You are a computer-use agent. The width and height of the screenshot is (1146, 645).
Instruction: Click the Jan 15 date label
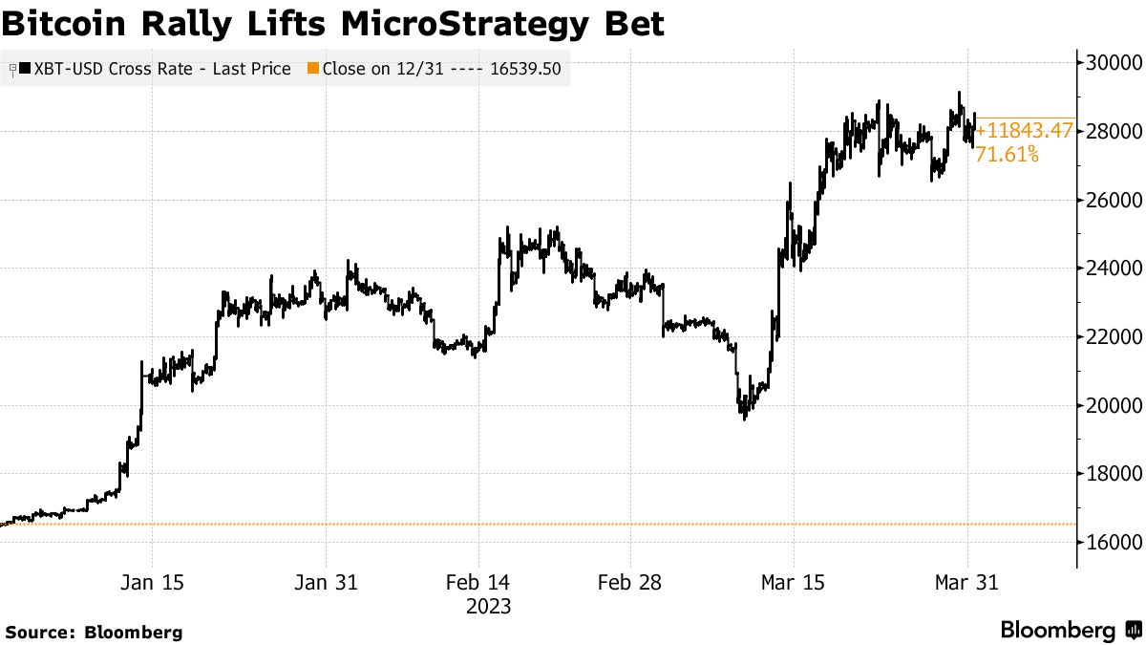pos(153,583)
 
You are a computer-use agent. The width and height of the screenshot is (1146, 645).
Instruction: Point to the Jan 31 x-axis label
pos(326,583)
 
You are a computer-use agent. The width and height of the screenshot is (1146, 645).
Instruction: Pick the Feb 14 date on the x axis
pos(478,583)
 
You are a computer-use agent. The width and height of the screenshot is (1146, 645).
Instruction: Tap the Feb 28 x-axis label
pos(630,583)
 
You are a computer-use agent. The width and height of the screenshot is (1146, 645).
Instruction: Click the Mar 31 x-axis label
pos(966,583)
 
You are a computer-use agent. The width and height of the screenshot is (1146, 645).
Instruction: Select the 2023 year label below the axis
pos(488,607)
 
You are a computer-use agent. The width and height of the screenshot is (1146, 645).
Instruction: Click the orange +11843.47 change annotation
pos(1024,131)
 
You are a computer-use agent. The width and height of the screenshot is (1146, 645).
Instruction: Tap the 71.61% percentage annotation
pos(1007,153)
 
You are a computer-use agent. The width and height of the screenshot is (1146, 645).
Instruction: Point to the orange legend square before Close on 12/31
pos(312,69)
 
